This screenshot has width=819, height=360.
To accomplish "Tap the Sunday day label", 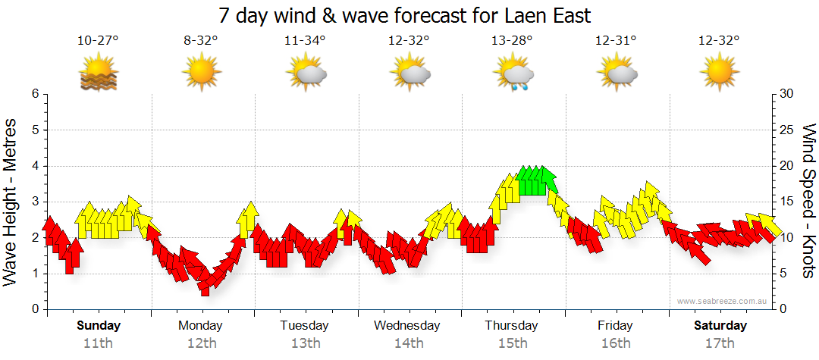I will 99,326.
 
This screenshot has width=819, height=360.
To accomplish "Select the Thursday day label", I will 511,326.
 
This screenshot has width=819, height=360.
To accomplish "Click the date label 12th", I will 201,343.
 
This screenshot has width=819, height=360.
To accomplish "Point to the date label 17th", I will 720,343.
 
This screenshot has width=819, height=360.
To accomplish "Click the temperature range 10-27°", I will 99,41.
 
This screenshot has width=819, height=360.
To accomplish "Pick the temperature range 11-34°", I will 305,41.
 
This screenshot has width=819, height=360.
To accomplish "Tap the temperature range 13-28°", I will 512,41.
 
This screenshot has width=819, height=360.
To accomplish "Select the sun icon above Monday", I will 201,73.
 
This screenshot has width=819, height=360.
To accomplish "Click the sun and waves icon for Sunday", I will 99,74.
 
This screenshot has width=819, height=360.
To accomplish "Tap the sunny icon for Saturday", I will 719,73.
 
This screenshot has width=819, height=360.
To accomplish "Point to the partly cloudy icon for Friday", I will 617,74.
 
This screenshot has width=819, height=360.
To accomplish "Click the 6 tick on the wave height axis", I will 34,94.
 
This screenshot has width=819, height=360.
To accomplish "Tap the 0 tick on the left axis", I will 34,309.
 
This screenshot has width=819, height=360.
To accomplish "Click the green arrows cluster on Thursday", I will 536,181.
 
